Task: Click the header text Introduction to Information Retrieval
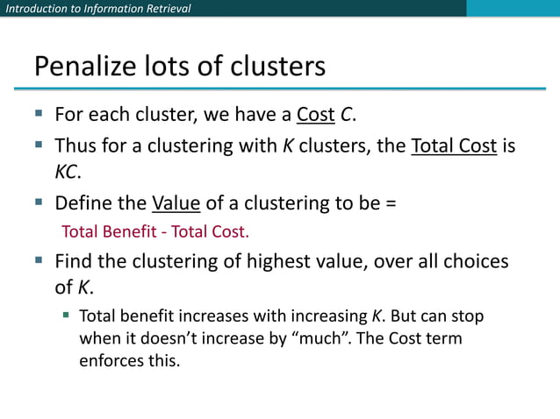coord(97,9)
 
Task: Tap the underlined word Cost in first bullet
coord(315,115)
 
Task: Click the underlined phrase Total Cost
coord(454,146)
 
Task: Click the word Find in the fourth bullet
coord(73,261)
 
